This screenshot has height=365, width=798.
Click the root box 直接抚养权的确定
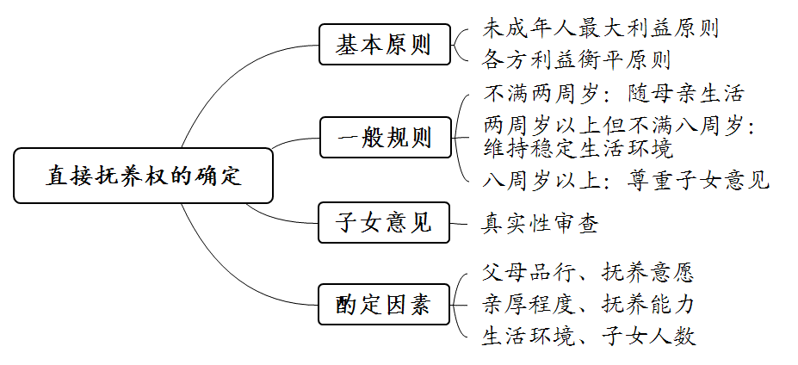[144, 176]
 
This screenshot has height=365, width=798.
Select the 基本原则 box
[385, 45]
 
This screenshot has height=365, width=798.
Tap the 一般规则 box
[385, 137]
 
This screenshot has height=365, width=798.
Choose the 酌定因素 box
[385, 305]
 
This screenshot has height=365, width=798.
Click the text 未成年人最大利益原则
[600, 28]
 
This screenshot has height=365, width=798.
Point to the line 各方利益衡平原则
[577, 60]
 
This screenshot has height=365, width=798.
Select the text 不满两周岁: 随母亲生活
[613, 93]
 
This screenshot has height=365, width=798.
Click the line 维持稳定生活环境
[577, 148]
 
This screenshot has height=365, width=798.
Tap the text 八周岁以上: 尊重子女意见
[626, 180]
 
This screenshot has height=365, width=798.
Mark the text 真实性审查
[539, 224]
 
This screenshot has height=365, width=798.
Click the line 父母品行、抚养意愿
[587, 274]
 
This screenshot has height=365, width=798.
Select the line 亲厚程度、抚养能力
[587, 305]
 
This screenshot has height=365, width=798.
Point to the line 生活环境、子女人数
[587, 336]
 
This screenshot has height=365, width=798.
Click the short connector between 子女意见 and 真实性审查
[461, 224]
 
